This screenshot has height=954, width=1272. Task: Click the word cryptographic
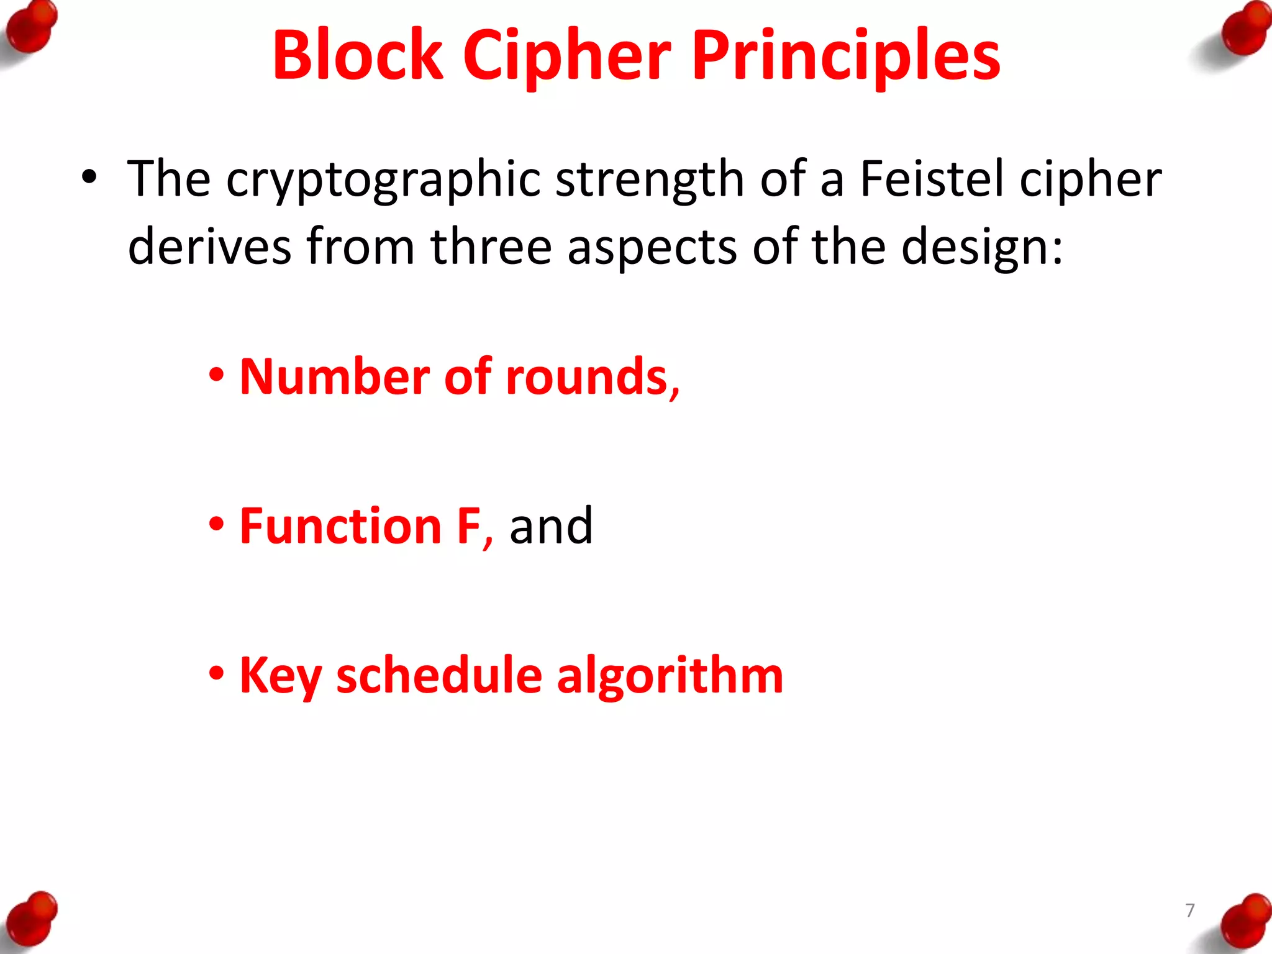383,180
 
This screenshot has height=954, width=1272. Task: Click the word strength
650,180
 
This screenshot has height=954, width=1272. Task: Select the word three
491,247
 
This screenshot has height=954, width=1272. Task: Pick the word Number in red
334,377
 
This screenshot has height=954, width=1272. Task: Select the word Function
340,527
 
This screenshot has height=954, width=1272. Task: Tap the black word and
551,527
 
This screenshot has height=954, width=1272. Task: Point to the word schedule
438,676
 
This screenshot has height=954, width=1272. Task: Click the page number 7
1190,911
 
